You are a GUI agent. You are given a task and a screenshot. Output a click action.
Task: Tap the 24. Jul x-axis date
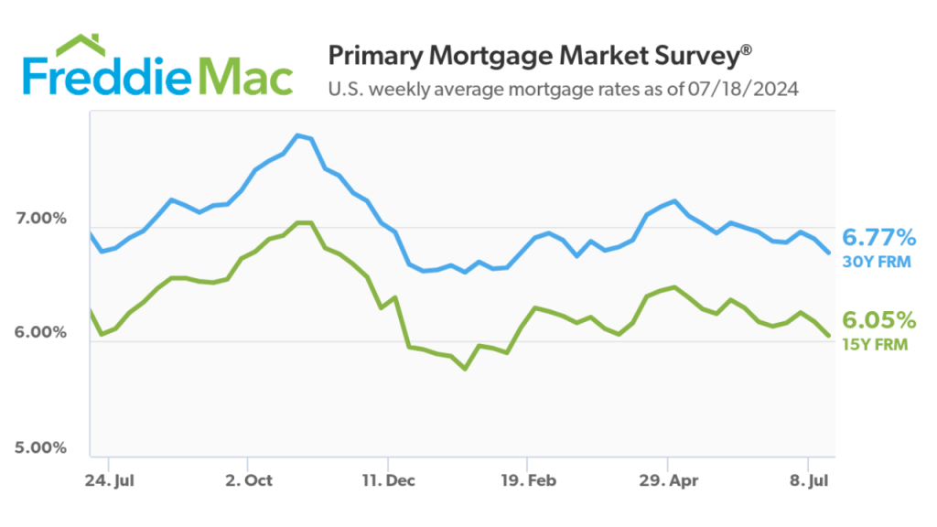click(108, 479)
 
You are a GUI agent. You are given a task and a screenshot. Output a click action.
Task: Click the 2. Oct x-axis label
click(247, 479)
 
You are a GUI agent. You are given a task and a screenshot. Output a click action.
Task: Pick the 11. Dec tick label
click(387, 479)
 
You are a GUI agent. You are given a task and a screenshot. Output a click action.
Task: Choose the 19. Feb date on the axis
click(527, 479)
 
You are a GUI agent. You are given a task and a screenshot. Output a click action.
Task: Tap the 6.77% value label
click(878, 238)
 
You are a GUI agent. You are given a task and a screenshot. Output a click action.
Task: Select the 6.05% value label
click(878, 320)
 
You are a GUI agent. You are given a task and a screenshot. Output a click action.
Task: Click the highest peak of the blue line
click(297, 135)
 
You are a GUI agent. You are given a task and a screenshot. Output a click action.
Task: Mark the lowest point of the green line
click(465, 369)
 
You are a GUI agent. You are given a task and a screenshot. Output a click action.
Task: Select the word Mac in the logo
click(246, 77)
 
